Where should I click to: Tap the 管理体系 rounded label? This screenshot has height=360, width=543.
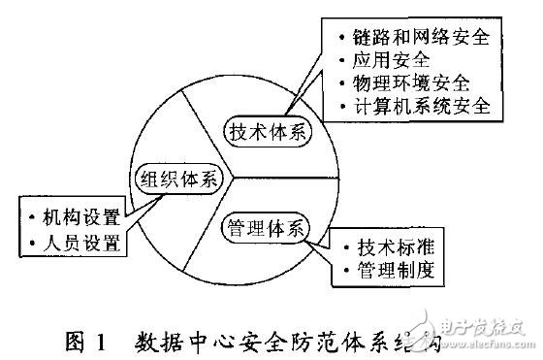(x=265, y=229)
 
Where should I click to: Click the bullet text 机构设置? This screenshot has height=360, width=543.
(x=81, y=216)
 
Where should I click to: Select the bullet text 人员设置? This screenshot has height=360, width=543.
(x=81, y=240)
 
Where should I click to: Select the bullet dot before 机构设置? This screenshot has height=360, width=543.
(x=35, y=216)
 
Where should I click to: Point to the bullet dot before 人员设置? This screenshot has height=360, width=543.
(x=35, y=240)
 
